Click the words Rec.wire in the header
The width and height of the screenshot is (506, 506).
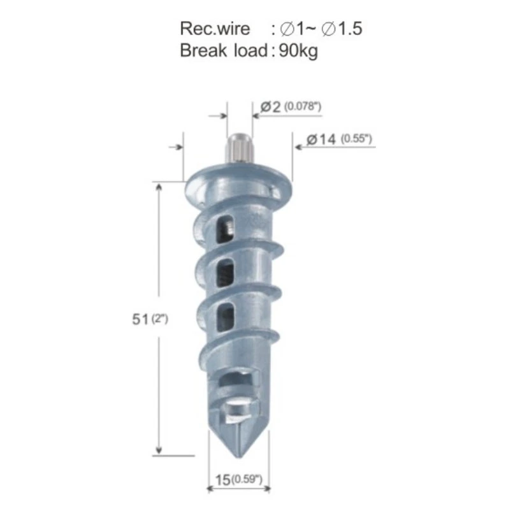215,29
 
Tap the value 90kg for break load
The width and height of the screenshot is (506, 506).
298,51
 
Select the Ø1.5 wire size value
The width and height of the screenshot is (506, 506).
342,29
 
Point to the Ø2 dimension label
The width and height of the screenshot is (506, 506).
270,106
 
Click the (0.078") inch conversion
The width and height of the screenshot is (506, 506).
303,106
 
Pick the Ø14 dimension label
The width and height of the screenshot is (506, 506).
321,140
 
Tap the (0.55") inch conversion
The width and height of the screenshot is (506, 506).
356,139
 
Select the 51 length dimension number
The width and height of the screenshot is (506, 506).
140,319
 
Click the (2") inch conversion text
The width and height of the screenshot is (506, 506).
159,319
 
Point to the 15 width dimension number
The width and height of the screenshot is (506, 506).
222,480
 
